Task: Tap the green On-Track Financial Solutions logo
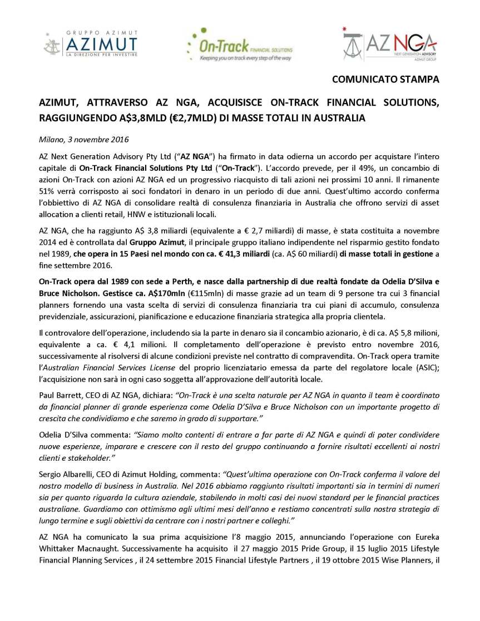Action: point(240,45)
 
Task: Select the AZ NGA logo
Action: point(389,45)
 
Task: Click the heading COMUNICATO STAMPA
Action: point(385,79)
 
